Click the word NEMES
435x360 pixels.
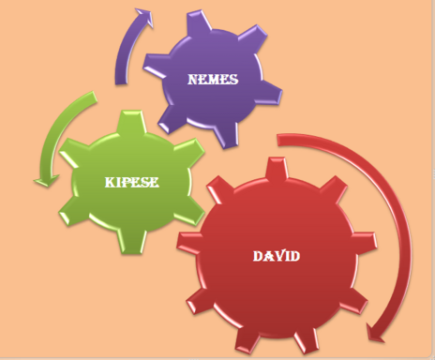pyautogui.click(x=213, y=80)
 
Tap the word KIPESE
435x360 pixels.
pyautogui.click(x=132, y=182)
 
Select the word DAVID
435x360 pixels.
pyautogui.click(x=277, y=256)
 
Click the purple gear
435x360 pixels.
pyautogui.click(x=213, y=80)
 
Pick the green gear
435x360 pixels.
pyautogui.click(x=132, y=182)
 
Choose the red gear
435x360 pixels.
pyautogui.click(x=277, y=256)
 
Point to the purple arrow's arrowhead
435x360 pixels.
pyautogui.click(x=145, y=16)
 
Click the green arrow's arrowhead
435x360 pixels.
pyautogui.click(x=46, y=181)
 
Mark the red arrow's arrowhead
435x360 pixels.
pyautogui.click(x=378, y=334)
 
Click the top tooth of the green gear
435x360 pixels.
pyautogui.click(x=131, y=121)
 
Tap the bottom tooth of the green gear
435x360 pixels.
pyautogui.click(x=131, y=242)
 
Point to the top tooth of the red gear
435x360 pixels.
pyautogui.click(x=277, y=168)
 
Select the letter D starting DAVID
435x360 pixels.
pyautogui.click(x=258, y=256)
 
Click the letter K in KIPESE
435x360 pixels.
pyautogui.click(x=110, y=182)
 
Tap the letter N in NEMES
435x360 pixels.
pyautogui.click(x=194, y=80)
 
